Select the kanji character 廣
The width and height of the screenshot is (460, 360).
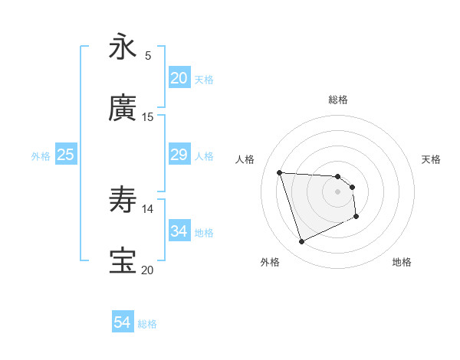point(123,109)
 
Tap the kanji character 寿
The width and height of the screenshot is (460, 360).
point(123,201)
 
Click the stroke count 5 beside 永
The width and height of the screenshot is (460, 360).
point(147,55)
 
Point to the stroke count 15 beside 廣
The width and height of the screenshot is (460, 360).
point(147,116)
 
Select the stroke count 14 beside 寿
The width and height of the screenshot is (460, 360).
point(147,208)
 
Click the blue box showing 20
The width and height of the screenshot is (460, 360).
point(179,78)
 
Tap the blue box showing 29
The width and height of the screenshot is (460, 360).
point(179,155)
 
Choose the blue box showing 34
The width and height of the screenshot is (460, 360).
point(179,231)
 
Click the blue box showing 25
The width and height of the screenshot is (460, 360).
point(65,155)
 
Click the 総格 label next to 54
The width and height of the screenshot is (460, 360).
point(147,324)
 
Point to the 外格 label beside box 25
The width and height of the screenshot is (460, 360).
point(41,156)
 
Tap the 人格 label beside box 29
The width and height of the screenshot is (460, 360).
point(204,156)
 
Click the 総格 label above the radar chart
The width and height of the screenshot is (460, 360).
point(337,100)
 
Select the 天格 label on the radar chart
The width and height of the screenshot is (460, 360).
point(431,159)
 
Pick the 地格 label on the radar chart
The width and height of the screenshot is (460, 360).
point(402,262)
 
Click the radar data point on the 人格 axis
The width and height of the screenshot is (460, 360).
point(280,172)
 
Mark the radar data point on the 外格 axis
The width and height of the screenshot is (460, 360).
point(301,242)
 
